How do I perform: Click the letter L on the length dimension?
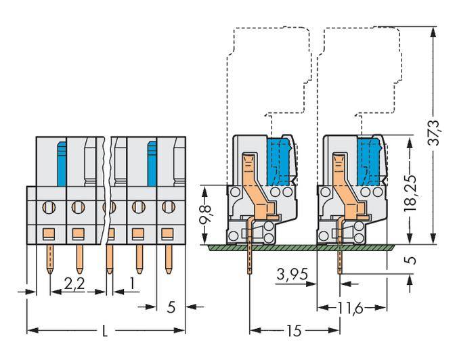tap(105, 332)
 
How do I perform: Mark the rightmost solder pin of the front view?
tap(167, 261)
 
